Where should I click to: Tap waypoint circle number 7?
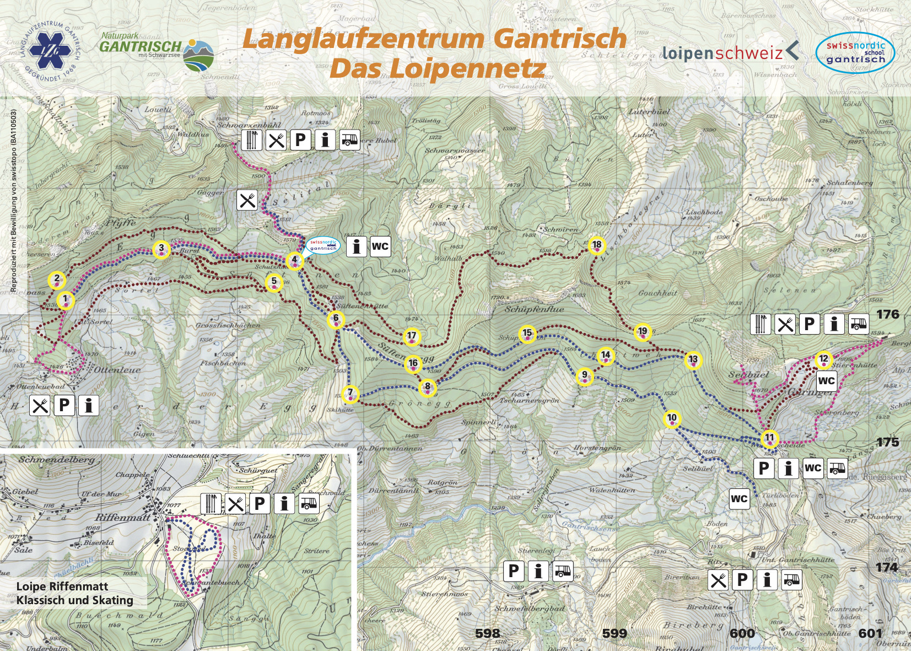coord(350,394)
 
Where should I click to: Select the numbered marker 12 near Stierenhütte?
coord(823,360)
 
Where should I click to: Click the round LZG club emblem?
coord(50,51)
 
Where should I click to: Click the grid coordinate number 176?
coord(887,314)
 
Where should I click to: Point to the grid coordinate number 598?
coord(487,633)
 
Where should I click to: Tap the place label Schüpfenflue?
coord(534,309)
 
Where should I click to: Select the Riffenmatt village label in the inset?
coord(122,517)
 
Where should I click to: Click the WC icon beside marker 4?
coord(380,246)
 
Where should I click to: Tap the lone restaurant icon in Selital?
coord(247,200)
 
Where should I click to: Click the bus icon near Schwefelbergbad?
coord(562,571)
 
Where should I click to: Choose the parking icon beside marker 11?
coord(764,469)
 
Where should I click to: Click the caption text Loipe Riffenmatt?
coord(62,586)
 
